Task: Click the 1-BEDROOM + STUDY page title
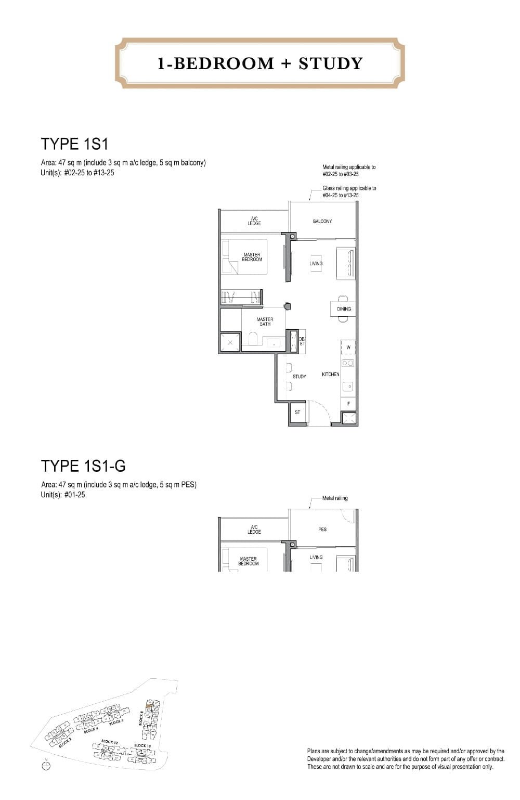(260, 63)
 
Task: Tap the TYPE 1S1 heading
(74, 144)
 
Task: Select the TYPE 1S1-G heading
(83, 466)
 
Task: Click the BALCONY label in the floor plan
(322, 222)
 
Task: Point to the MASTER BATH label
(265, 321)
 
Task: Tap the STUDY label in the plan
(300, 377)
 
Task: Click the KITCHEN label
(331, 375)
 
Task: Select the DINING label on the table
(344, 309)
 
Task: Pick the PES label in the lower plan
(322, 530)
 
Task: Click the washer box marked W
(348, 347)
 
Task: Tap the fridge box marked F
(348, 404)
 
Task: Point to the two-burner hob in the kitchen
(348, 363)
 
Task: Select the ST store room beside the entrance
(297, 412)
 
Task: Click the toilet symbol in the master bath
(254, 339)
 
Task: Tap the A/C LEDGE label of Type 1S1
(254, 222)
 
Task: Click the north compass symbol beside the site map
(46, 765)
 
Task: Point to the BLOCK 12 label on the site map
(108, 741)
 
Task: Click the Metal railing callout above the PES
(335, 498)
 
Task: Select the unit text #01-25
(75, 495)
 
